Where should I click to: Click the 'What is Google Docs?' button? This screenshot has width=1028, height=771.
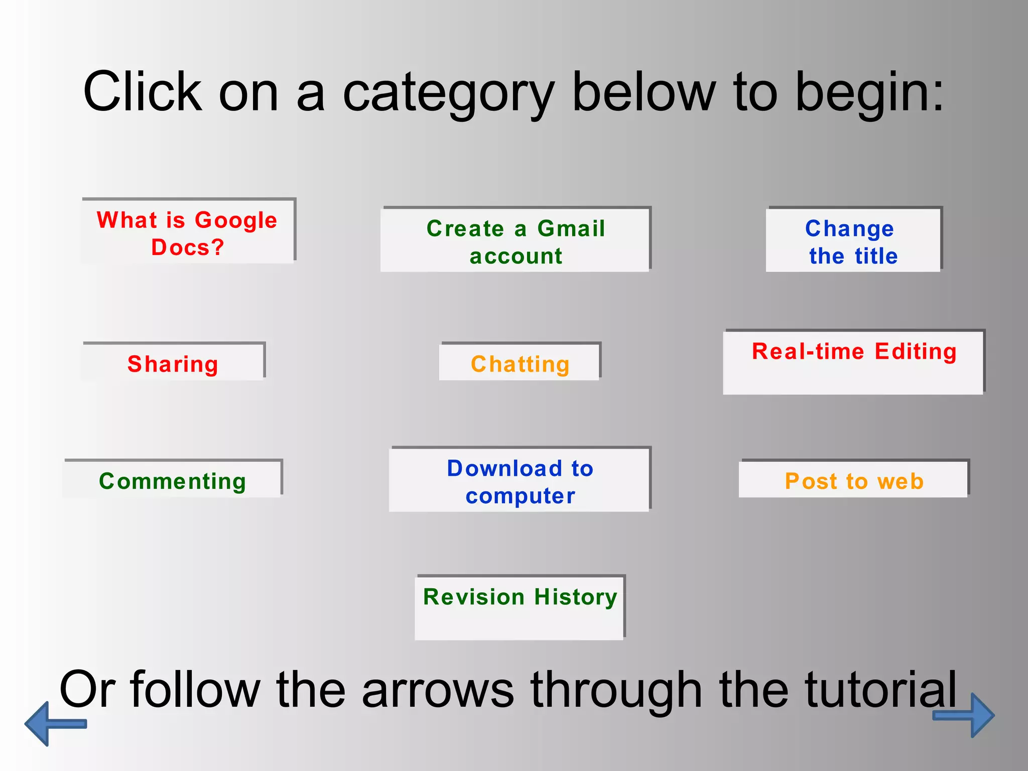188,232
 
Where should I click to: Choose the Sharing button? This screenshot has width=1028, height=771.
173,363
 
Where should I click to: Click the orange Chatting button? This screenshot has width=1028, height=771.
520,363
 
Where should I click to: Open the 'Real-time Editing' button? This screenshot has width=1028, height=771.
853,362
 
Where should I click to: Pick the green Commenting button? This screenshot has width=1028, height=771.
172,480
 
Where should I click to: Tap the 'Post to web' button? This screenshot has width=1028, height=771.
853,480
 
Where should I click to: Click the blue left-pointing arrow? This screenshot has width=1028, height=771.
53,723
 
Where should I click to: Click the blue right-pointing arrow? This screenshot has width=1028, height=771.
966,715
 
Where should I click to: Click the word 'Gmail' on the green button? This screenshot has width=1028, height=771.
571,228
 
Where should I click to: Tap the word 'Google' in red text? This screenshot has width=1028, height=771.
236,220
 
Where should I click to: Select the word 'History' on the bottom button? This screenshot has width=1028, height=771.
575,597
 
